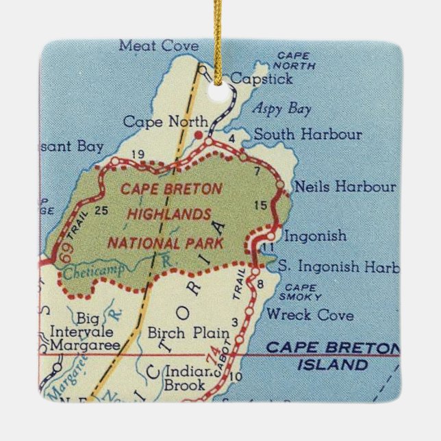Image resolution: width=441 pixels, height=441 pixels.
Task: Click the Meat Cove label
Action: [158, 47]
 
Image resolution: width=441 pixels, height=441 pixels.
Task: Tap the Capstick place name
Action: [261, 79]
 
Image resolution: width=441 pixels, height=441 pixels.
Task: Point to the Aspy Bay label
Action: [281, 109]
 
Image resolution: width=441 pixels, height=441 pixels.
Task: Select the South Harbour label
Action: [307, 134]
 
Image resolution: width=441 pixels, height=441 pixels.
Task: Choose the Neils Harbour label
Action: [344, 186]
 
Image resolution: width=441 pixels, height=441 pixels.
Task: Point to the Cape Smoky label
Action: [301, 292]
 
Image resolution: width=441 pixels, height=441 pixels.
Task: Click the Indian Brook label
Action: [185, 379]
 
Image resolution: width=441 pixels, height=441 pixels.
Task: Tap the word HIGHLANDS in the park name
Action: [169, 214]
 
